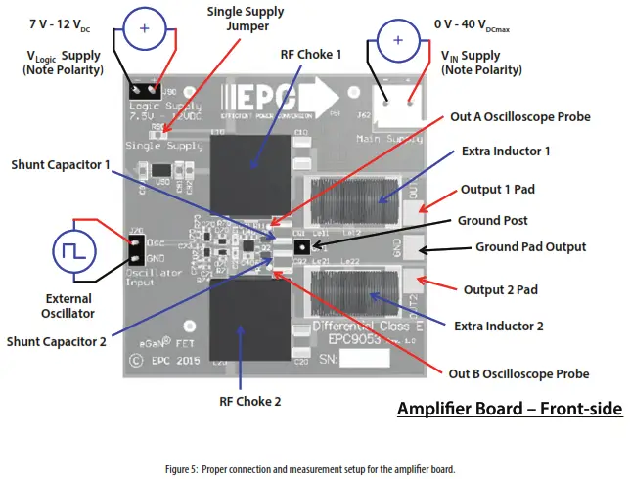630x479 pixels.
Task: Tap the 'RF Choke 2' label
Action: point(249,401)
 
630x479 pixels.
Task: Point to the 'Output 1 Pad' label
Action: point(506,188)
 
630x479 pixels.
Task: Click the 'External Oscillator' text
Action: point(67,306)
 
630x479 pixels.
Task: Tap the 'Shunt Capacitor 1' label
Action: point(61,164)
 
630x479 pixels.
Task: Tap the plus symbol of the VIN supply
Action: point(396,40)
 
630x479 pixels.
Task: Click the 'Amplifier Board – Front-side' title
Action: point(509,407)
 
